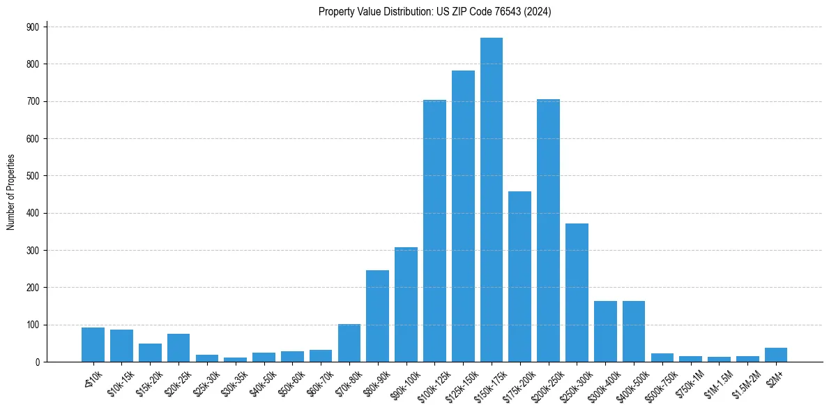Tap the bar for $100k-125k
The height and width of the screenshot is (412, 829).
[434, 231]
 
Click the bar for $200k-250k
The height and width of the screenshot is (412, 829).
[549, 230]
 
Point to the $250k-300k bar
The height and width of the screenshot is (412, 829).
[577, 293]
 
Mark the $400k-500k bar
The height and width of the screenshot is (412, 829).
[634, 331]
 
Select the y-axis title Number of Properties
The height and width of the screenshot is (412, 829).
[10, 191]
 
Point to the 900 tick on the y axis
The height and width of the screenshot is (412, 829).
[32, 27]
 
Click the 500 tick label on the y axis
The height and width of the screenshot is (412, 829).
[32, 176]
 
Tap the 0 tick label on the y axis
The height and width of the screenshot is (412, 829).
[37, 362]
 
